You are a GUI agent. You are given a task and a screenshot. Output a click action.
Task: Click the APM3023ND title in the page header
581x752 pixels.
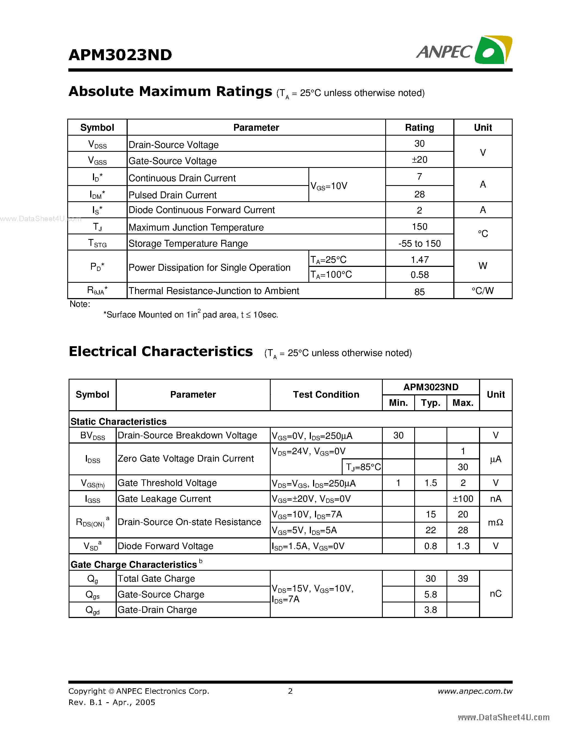[x=120, y=55]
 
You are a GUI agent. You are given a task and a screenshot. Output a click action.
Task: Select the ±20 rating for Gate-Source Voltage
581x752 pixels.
[x=419, y=160]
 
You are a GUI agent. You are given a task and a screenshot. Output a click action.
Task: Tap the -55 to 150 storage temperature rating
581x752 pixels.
[x=419, y=243]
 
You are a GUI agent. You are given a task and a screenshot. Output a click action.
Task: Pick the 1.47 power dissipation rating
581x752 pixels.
[x=419, y=260]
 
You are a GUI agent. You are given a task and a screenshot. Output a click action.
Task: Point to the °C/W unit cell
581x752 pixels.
[x=483, y=291]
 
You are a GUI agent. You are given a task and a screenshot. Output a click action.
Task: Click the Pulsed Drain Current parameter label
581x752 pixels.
[x=173, y=195]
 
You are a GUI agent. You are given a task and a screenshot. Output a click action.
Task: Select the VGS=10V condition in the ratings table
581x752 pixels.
[x=329, y=186]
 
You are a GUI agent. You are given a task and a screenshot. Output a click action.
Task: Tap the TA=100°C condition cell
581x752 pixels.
[x=331, y=275]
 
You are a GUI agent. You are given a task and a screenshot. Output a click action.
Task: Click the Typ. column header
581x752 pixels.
[x=431, y=403]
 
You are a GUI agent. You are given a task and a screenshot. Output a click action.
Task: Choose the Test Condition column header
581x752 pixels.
[x=326, y=395]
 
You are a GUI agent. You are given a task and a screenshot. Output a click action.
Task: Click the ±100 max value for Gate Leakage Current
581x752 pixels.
[x=463, y=499]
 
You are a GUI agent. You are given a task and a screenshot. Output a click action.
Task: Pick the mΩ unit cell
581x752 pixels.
[x=496, y=522]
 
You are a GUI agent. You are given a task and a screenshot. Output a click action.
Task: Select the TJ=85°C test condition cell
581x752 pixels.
[x=363, y=467]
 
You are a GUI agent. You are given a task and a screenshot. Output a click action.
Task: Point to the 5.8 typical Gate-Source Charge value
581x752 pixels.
[x=431, y=594]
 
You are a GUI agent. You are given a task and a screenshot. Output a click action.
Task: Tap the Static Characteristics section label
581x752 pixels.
[x=118, y=421]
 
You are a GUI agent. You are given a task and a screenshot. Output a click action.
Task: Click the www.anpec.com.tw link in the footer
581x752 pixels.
[x=475, y=691]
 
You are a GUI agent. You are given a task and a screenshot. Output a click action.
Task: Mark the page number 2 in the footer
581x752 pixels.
[x=290, y=691]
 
